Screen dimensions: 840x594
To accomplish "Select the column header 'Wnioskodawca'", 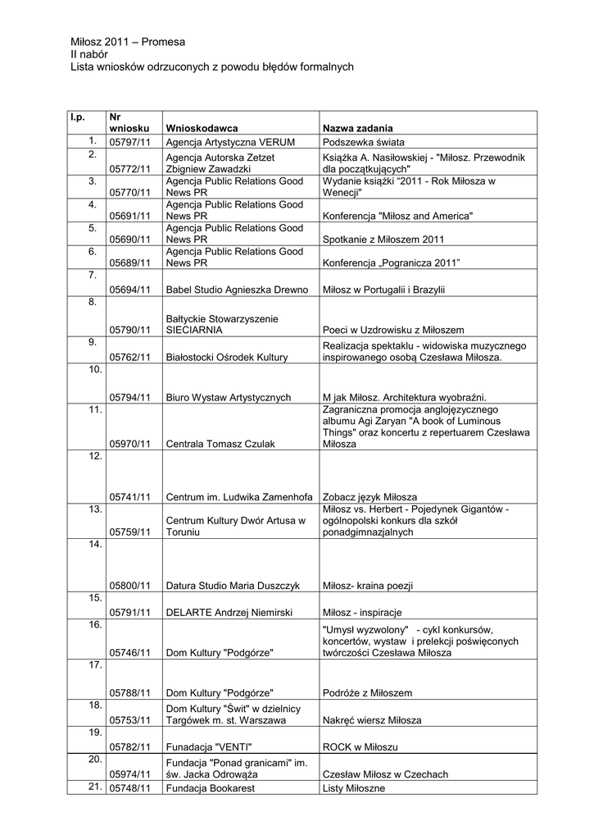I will [x=202, y=129].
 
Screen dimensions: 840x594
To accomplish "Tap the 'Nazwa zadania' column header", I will [x=357, y=129].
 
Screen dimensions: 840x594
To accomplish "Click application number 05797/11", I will [x=131, y=142].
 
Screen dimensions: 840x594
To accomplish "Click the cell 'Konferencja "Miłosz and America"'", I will [x=398, y=216].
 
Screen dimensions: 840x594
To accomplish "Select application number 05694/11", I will [x=131, y=290].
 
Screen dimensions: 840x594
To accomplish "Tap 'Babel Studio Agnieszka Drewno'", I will [x=237, y=290].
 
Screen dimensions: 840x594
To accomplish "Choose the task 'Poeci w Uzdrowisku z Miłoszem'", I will [x=393, y=330].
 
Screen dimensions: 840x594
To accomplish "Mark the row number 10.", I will [x=94, y=370].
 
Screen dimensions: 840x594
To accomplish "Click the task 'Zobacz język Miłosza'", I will [x=370, y=497].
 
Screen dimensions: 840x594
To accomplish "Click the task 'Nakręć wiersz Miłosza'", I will [x=372, y=720].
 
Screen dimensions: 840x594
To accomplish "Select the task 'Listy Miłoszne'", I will [x=354, y=789].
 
